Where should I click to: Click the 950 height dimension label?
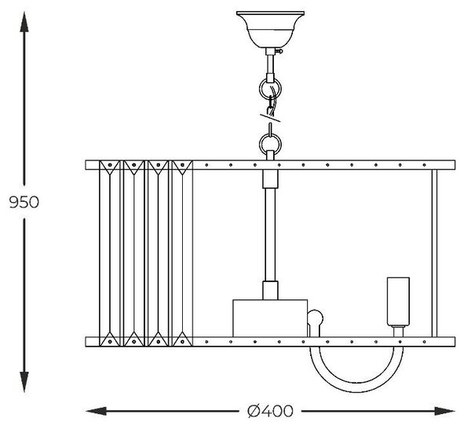(x=24, y=202)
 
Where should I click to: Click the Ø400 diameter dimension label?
(x=270, y=411)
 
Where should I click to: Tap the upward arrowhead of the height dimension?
(x=24, y=22)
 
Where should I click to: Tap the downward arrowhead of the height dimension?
(x=24, y=382)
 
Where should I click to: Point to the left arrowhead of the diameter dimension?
(x=96, y=411)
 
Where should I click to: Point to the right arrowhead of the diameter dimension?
(x=445, y=411)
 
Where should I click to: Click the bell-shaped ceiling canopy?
(x=270, y=29)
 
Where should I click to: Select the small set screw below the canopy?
(x=280, y=51)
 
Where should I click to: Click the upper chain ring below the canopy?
(x=270, y=88)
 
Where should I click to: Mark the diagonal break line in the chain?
(x=270, y=118)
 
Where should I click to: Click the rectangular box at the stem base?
(x=270, y=318)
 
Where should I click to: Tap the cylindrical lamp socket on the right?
(x=398, y=302)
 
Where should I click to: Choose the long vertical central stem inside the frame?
(x=270, y=234)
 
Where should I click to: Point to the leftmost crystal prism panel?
(x=110, y=253)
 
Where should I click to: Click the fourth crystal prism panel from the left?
(x=182, y=253)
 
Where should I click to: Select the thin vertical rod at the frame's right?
(x=434, y=253)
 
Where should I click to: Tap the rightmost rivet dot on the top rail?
(x=424, y=165)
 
